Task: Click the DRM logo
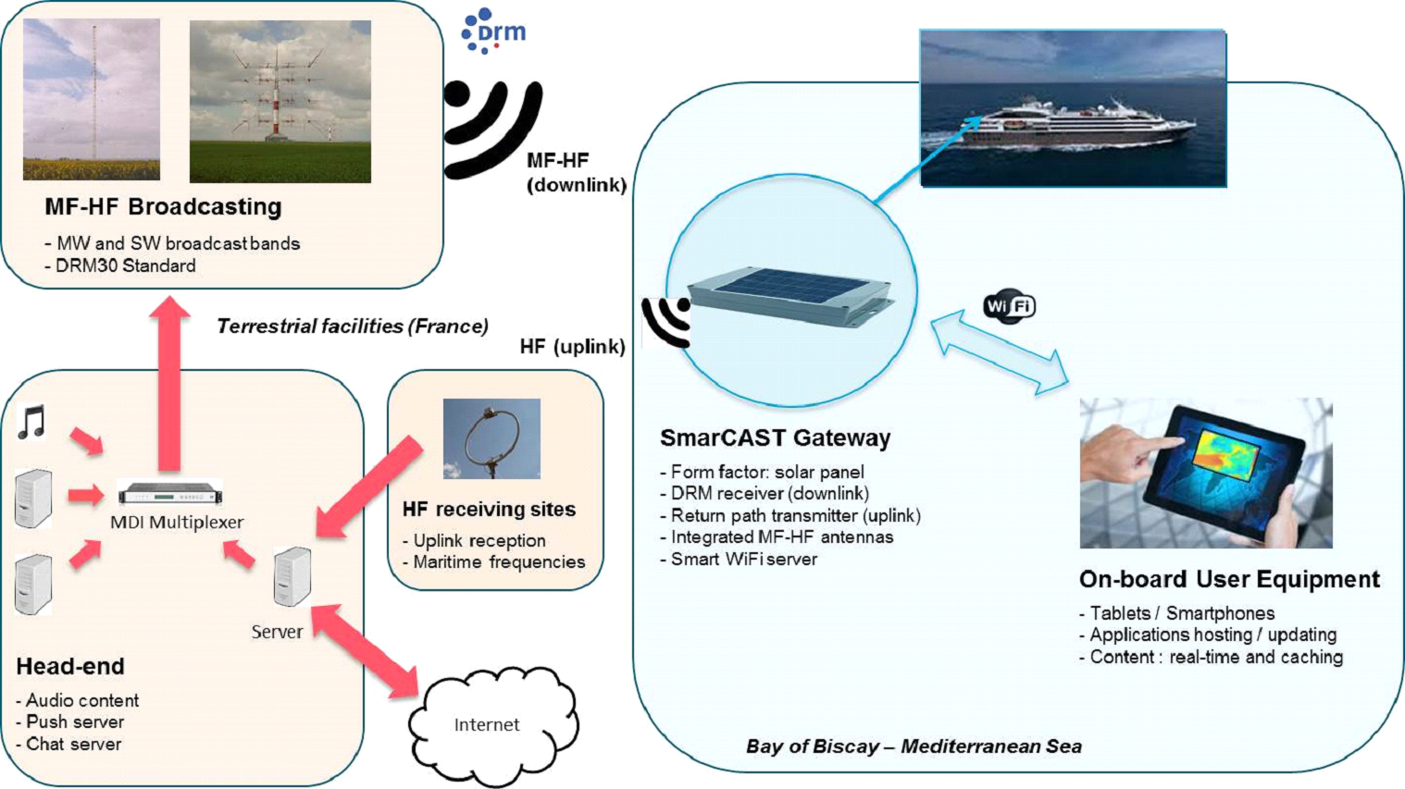coord(494,31)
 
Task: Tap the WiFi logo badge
coord(1009,306)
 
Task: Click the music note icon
coord(32,422)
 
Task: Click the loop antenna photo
coord(491,438)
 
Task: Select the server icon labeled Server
coord(292,576)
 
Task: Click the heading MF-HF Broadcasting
coord(163,206)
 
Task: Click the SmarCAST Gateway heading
coord(775,438)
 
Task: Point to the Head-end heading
coord(70,666)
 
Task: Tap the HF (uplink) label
coord(572,346)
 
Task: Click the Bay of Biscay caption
coord(914,746)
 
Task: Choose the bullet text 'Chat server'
coord(73,744)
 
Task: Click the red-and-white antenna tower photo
coord(280,102)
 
